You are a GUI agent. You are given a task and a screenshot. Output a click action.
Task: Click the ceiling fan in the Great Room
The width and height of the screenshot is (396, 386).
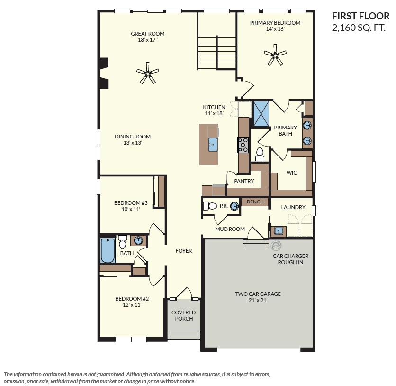[x=148, y=74]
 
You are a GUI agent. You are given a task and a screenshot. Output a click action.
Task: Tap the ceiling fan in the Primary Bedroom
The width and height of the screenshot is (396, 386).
[x=275, y=55]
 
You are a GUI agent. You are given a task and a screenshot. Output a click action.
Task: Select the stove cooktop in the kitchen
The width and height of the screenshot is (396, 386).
[x=243, y=145]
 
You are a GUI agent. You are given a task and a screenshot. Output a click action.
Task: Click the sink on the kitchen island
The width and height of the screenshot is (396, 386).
[x=213, y=145]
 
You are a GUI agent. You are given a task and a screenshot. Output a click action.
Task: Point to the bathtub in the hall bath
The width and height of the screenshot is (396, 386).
[x=108, y=250]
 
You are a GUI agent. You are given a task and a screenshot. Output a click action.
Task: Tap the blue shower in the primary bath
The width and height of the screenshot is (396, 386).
[x=261, y=114]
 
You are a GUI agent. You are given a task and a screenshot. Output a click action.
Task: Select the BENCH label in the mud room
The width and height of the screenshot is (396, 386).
[x=255, y=202]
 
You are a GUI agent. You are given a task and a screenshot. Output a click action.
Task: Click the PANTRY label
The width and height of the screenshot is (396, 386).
[x=244, y=181]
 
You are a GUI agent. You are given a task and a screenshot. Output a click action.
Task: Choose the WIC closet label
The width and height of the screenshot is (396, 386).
[x=291, y=173]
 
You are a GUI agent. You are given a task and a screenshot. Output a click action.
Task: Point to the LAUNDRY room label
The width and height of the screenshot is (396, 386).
[x=293, y=207]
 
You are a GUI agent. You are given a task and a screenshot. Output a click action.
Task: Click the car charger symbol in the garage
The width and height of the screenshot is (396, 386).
[x=276, y=245]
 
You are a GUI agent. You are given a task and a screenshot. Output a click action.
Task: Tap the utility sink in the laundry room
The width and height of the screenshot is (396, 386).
[x=279, y=231]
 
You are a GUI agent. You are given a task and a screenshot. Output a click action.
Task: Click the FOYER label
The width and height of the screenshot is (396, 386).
[x=184, y=251]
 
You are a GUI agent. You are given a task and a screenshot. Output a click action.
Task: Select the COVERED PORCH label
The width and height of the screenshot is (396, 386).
[x=184, y=315]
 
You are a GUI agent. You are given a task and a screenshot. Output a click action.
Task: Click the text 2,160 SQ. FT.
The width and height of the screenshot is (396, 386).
[x=359, y=28]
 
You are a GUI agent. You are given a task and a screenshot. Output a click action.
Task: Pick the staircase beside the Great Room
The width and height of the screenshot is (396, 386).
[x=216, y=53]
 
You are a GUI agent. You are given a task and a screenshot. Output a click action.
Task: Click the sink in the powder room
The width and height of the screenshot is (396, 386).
[x=234, y=206]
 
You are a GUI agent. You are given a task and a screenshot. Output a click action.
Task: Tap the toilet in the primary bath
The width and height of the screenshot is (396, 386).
[x=260, y=155]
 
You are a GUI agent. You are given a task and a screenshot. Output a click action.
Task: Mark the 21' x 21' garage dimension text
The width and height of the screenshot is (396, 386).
[x=258, y=300]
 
